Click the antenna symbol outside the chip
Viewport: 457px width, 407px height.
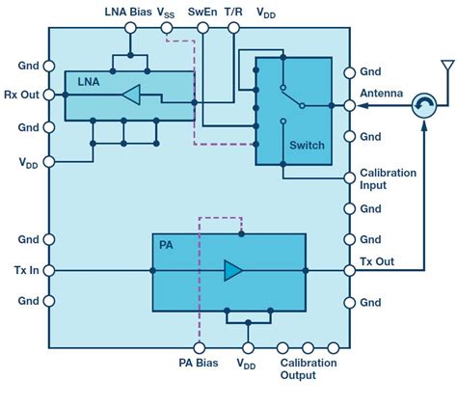point(447,65)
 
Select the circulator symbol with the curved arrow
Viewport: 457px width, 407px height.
point(424,105)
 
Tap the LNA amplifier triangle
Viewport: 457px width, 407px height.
point(131,95)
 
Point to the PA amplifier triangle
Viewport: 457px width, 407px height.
point(233,270)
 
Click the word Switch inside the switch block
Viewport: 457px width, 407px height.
point(307,146)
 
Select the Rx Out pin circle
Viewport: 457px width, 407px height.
point(49,95)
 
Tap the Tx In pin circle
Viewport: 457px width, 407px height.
point(49,271)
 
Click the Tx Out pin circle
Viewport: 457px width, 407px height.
point(350,270)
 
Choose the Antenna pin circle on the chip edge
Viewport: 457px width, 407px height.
point(350,105)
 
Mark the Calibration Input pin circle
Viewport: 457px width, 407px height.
point(350,177)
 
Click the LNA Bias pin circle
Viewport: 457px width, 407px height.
point(130,28)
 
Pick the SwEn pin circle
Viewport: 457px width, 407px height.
point(202,28)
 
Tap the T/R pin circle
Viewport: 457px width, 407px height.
point(233,28)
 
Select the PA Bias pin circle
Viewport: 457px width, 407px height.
point(200,347)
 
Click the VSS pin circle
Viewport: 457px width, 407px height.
point(167,28)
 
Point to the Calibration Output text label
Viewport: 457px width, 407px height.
point(309,368)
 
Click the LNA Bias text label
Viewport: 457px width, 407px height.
point(128,12)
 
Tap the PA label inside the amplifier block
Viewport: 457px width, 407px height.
point(166,245)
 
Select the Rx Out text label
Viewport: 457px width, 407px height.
point(21,95)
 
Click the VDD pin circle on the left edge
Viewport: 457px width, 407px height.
point(49,162)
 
